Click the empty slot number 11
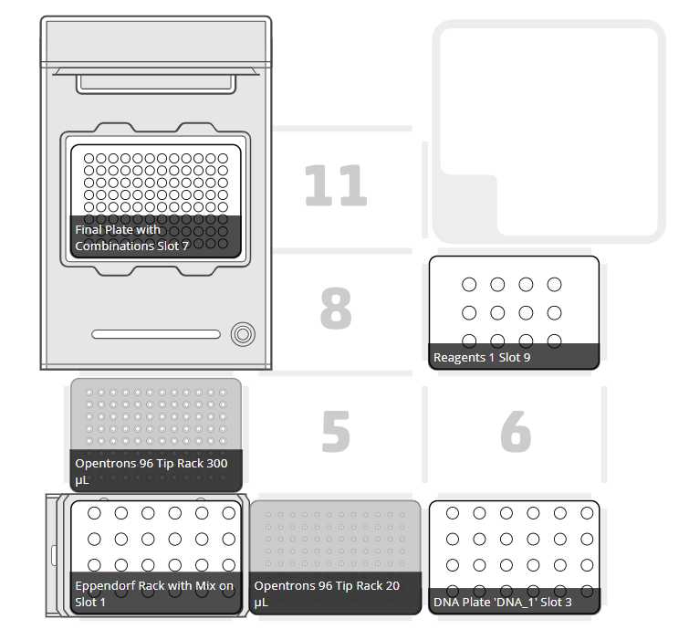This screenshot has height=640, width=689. click(336, 185)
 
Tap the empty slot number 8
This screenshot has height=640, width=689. click(336, 309)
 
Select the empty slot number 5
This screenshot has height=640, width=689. click(336, 431)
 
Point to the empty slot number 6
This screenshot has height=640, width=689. click(516, 431)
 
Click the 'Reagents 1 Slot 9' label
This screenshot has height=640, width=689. click(482, 357)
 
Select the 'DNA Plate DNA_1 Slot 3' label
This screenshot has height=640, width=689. click(503, 602)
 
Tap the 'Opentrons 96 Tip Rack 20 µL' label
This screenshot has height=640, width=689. click(327, 593)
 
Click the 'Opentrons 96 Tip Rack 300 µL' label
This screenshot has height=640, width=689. click(151, 471)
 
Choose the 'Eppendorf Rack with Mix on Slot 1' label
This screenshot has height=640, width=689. click(154, 593)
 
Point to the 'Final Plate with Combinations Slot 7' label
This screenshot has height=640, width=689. click(131, 237)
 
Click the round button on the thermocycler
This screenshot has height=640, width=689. click(243, 334)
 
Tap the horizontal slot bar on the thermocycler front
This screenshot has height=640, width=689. click(156, 334)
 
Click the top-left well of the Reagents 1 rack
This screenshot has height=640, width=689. click(469, 285)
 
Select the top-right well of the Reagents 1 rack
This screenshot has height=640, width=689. click(554, 285)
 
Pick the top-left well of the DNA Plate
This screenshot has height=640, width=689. click(452, 513)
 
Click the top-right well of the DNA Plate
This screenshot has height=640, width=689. click(587, 513)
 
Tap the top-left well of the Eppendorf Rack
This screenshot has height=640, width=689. click(94, 513)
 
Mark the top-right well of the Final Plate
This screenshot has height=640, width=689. click(223, 158)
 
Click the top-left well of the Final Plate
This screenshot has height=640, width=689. click(89, 158)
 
